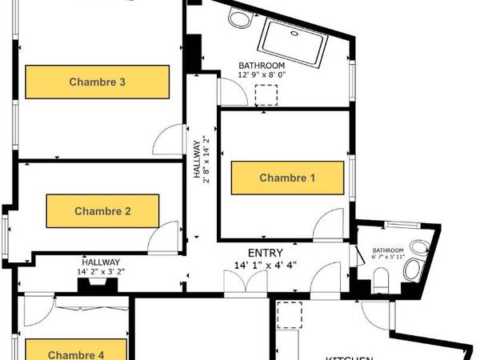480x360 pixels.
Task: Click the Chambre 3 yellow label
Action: [97, 82]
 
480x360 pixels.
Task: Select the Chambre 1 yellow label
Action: [287, 178]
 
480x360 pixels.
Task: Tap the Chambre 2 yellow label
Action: [102, 211]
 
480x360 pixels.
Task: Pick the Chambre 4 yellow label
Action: [76, 351]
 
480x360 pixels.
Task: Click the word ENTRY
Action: [260, 252]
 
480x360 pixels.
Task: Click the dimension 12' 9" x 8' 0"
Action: [262, 75]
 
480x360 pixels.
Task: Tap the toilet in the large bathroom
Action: [238, 17]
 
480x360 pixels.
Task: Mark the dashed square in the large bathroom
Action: [265, 96]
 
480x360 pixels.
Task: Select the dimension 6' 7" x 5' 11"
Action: [398, 257]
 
